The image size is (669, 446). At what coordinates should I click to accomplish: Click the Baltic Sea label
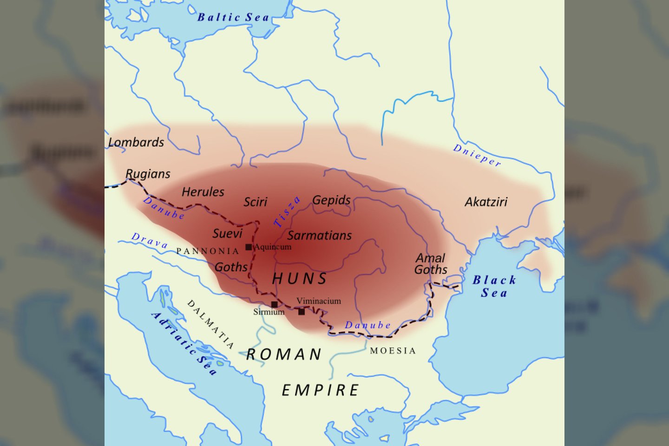pos(233,18)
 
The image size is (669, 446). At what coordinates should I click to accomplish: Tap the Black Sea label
pos(494,286)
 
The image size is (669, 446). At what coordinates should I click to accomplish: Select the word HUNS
pos(300,279)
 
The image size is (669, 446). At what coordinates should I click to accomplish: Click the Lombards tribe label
pos(136,142)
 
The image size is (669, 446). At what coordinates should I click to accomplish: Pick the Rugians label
pos(148,174)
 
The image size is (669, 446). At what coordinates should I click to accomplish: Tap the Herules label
pos(203,192)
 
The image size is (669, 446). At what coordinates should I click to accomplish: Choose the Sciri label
pos(256,202)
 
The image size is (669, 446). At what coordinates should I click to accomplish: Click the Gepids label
pos(331,200)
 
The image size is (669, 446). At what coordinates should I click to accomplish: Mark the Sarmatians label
pos(320,236)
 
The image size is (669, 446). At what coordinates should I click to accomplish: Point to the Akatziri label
pos(486,202)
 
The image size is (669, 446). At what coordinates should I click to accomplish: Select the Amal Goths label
pos(431,264)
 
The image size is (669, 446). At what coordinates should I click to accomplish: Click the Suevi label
pos(228,233)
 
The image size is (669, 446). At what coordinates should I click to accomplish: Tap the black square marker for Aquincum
pos(249,247)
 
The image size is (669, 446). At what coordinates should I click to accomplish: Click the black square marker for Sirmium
pos(275,304)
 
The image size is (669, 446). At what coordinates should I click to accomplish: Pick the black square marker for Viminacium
pos(302,312)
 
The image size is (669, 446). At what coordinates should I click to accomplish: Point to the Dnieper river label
pos(477,155)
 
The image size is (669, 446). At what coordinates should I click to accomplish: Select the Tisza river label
pos(287,212)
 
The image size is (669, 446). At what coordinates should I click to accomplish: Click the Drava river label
pos(150,241)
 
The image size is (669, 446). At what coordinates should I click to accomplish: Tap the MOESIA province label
pos(393,351)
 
